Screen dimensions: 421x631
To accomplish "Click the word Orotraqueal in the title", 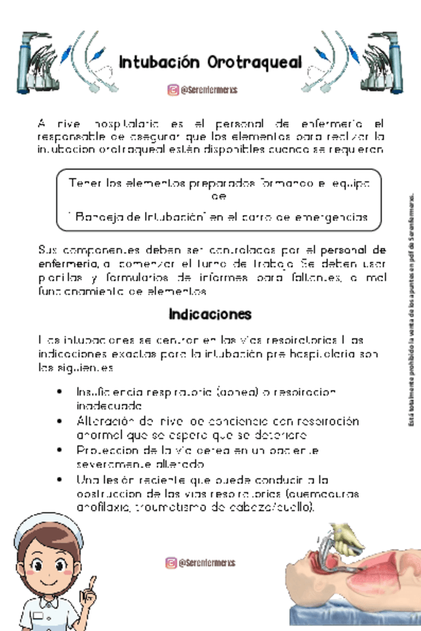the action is (x=256, y=62).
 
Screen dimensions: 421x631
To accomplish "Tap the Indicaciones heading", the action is (x=210, y=313).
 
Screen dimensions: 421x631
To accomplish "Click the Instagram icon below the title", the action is (x=173, y=91).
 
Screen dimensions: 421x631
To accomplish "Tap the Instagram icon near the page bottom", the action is (x=171, y=563).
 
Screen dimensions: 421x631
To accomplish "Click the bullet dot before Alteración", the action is (x=59, y=421).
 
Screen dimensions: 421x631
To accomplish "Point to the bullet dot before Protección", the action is (x=59, y=450).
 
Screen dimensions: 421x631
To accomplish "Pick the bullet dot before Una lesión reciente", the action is (x=59, y=479).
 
